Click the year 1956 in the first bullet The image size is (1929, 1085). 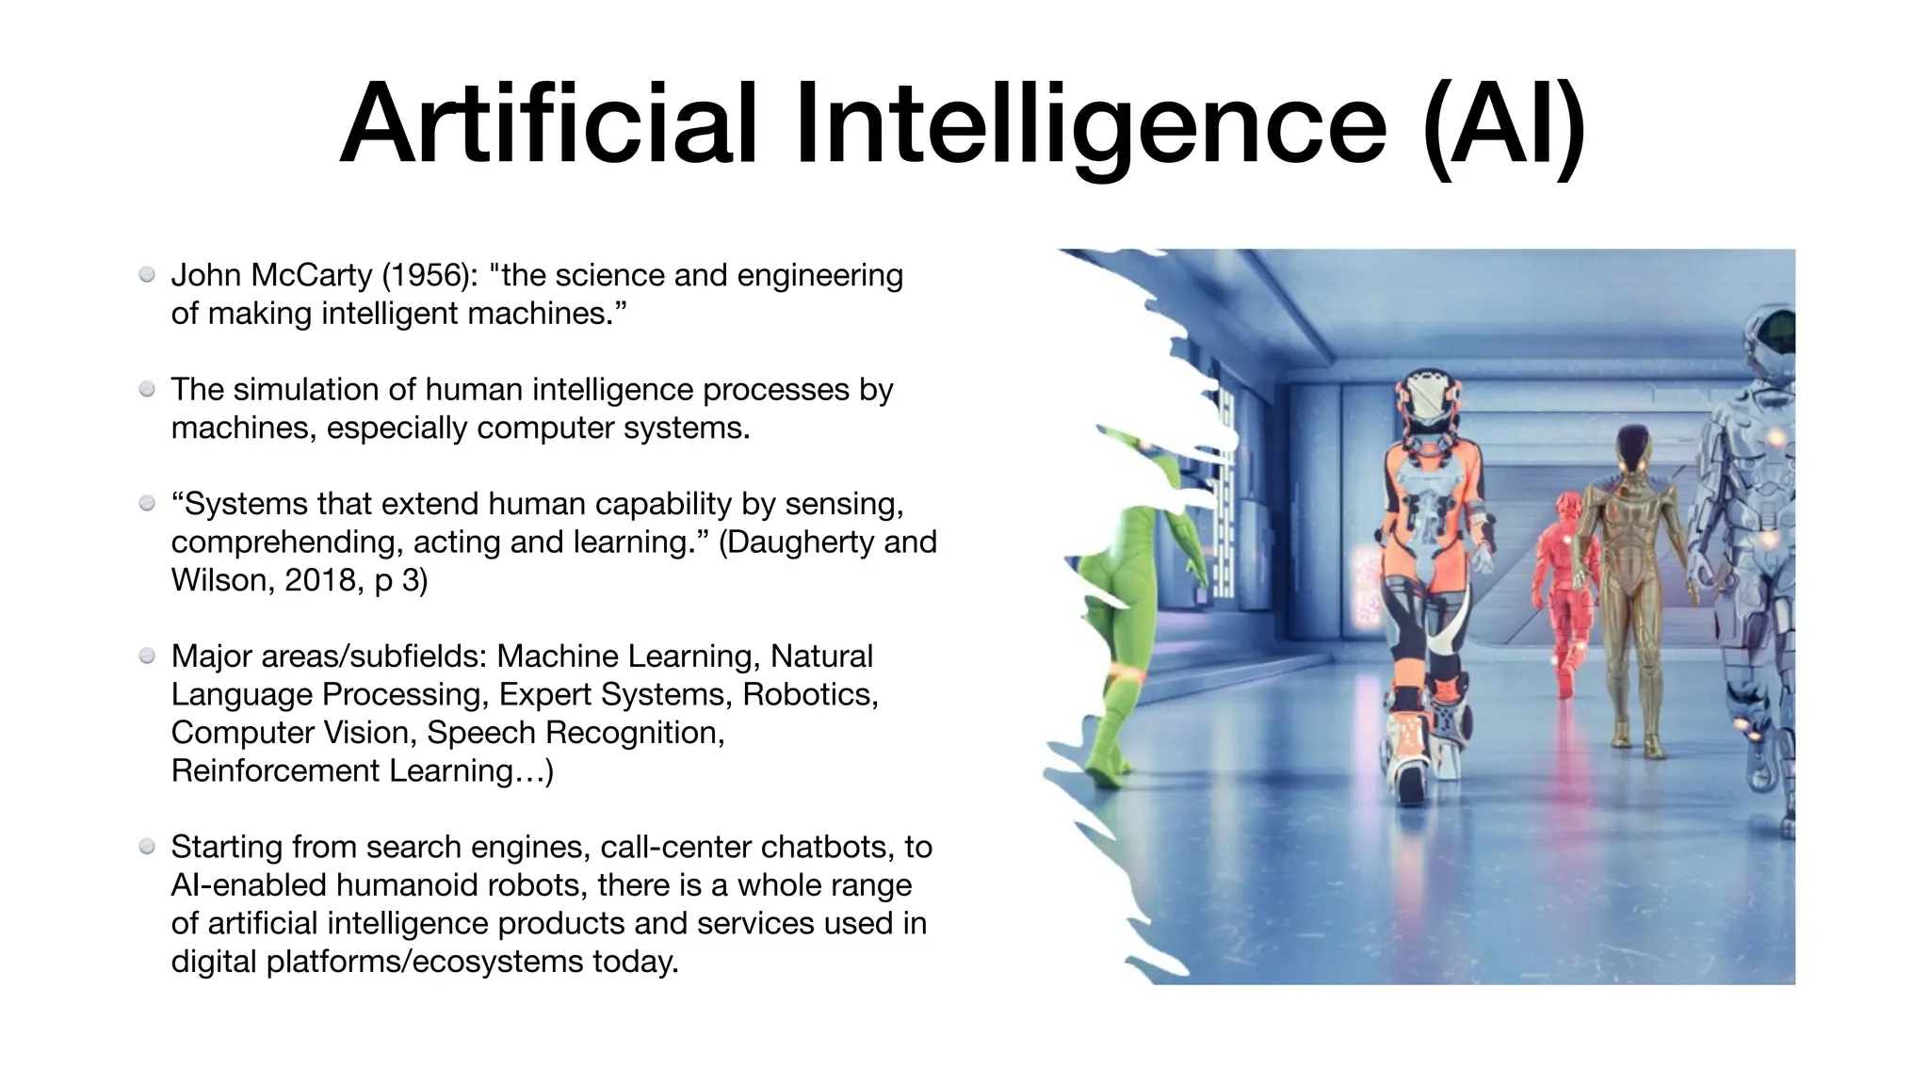pos(429,276)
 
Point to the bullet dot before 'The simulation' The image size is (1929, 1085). pos(147,389)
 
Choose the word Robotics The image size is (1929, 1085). pos(810,695)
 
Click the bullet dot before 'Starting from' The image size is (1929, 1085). pos(147,847)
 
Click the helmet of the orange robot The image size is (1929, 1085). pos(1430,400)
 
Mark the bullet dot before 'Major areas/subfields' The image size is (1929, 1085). pos(147,656)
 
